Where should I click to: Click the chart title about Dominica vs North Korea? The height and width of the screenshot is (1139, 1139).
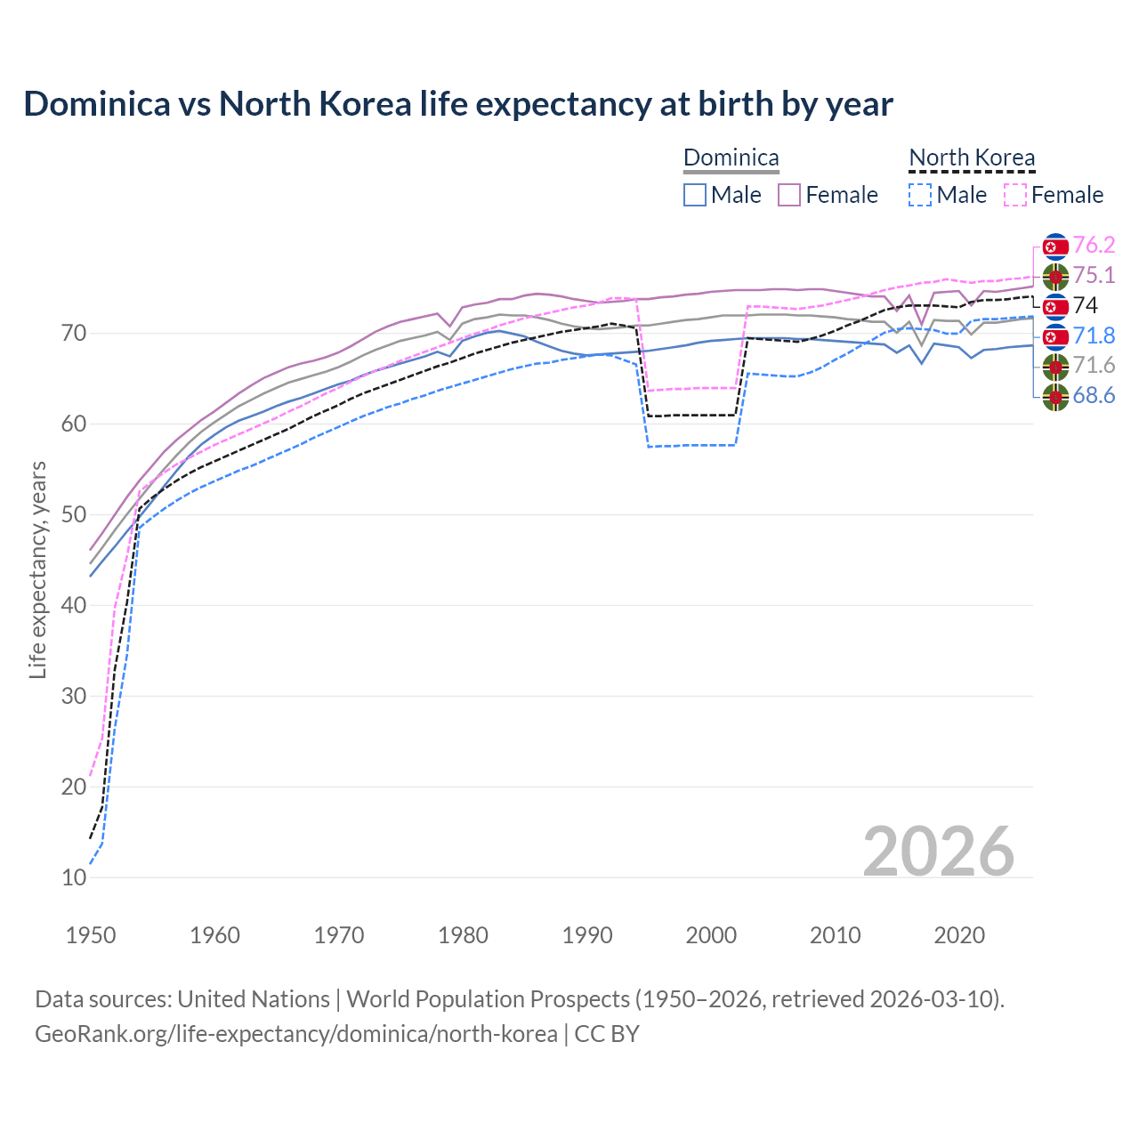click(457, 104)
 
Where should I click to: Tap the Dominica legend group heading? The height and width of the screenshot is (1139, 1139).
click(731, 158)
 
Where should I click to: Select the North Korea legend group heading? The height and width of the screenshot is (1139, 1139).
click(972, 158)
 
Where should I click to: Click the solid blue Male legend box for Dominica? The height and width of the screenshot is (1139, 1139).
click(695, 195)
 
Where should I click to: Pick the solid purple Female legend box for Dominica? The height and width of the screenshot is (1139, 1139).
click(789, 195)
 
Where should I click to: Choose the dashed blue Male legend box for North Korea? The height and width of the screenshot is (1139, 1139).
click(920, 195)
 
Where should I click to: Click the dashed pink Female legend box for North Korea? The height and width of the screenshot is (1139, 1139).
click(1015, 195)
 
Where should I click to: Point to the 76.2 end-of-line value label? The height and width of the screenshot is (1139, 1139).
click(1094, 246)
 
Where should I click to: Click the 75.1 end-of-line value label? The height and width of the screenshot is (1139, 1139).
click(1094, 276)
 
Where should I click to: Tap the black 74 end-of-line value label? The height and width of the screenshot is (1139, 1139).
click(1086, 306)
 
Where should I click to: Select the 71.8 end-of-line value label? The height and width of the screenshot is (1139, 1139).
click(1094, 336)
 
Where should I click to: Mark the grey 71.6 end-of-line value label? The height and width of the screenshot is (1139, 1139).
click(1094, 366)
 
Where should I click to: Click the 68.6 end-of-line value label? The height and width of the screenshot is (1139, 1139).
click(1094, 396)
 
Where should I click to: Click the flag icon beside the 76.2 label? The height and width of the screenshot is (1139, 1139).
click(1055, 246)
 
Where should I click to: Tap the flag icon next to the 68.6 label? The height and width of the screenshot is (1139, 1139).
click(1055, 397)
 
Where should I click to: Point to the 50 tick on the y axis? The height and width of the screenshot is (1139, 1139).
click(74, 515)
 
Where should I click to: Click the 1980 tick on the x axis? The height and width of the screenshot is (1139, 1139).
click(463, 935)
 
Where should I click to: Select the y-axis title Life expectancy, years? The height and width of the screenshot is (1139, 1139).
click(38, 569)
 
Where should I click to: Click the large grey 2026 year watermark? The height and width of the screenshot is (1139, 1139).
click(938, 852)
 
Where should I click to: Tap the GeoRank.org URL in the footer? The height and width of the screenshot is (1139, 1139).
click(295, 1034)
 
